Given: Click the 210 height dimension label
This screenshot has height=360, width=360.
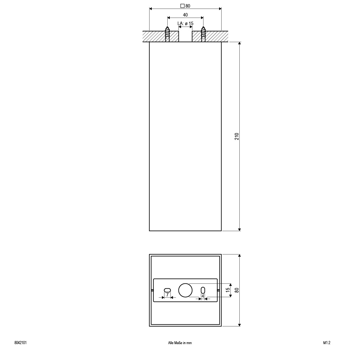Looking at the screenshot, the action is point(237,137).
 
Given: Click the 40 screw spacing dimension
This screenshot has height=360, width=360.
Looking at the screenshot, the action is point(185,15).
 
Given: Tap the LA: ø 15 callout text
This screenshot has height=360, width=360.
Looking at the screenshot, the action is point(185,23).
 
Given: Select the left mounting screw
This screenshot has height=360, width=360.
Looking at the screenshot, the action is point(167,34).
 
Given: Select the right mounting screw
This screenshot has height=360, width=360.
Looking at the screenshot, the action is point(203,34).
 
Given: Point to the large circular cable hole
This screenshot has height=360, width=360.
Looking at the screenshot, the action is point(185,290).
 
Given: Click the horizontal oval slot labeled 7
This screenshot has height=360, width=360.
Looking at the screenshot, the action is point(167,290).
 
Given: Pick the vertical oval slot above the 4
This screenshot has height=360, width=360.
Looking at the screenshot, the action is point(203,290).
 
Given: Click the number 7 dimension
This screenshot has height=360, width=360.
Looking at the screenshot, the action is point(167,295).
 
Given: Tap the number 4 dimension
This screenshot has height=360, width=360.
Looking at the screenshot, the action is point(203,296).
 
